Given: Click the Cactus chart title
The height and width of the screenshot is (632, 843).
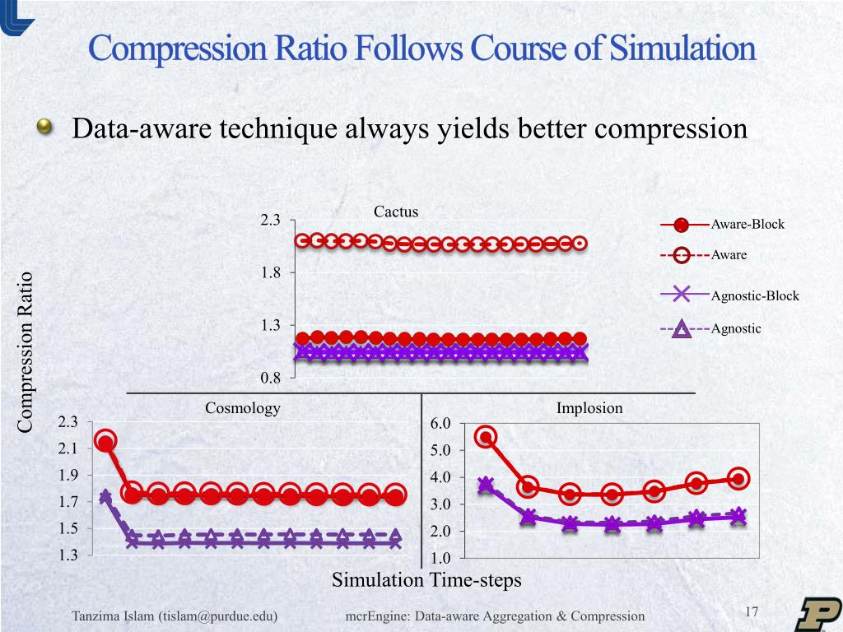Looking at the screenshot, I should [396, 211].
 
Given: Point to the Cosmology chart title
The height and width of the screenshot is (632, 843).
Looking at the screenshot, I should [242, 408].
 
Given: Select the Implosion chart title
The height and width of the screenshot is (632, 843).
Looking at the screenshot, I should [589, 408].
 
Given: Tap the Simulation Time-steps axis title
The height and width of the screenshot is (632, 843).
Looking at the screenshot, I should [426, 580].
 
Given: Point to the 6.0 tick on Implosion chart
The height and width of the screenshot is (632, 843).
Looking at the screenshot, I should [441, 424].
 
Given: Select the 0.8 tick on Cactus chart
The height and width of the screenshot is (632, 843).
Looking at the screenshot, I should [271, 378].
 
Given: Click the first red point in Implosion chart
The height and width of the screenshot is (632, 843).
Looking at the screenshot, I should [486, 437].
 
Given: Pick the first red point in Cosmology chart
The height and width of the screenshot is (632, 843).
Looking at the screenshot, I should [105, 441].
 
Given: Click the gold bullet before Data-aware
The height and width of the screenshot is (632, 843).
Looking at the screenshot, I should [44, 128].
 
